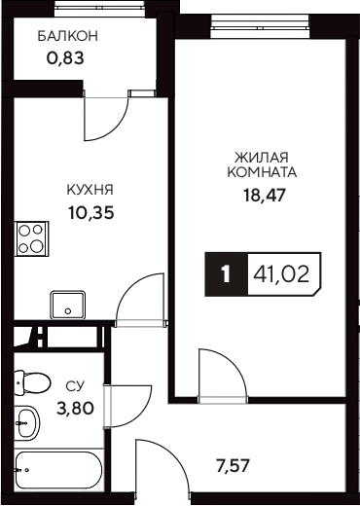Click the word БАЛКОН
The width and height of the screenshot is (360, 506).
point(68,36)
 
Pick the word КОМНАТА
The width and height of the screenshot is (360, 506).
point(262,171)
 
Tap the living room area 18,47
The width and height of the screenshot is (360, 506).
point(262,194)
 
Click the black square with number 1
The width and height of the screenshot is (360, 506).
point(225,274)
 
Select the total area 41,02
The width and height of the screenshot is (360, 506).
point(281,274)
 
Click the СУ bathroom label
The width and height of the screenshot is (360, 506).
point(74,387)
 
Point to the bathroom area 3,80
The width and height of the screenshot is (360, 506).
point(76,408)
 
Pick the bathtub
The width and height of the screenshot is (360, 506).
point(57,472)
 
